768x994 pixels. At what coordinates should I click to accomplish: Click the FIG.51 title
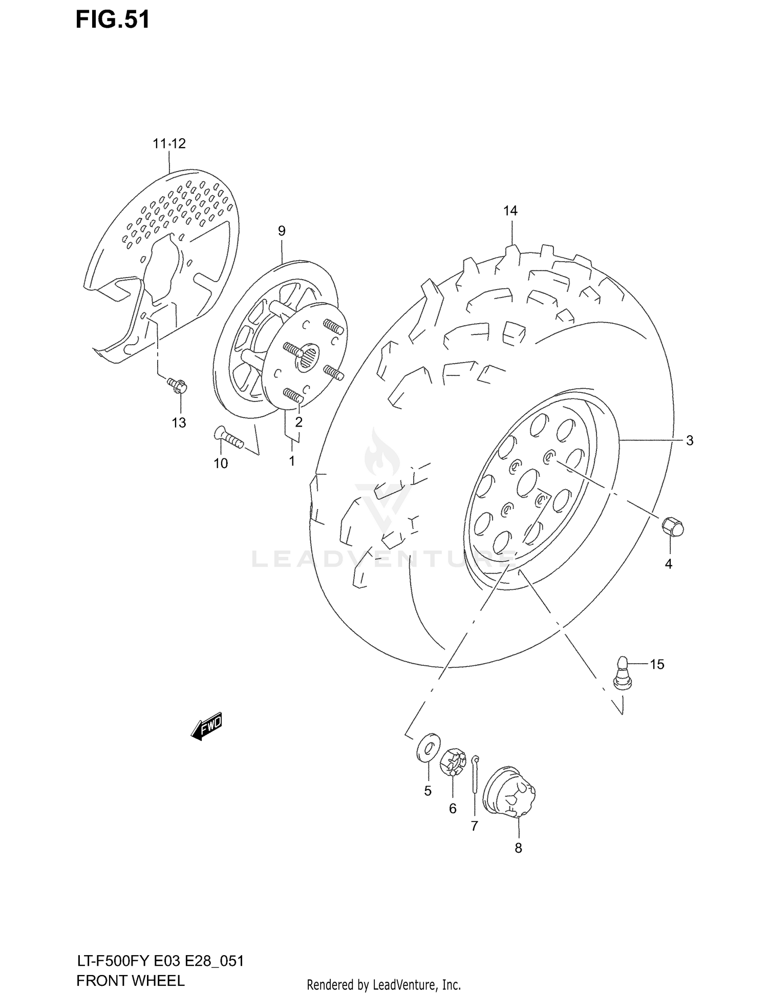pos(113,19)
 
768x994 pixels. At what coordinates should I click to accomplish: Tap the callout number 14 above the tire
pos(510,210)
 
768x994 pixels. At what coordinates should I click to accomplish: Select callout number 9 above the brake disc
pos(282,231)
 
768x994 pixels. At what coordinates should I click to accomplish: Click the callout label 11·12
pos(169,144)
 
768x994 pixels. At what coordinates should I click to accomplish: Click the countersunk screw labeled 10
pos(228,438)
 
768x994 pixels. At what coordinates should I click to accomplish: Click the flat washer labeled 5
pos(428,747)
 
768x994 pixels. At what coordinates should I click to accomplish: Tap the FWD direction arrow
pos(207,726)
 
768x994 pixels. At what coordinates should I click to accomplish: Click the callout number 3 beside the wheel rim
pos(689,440)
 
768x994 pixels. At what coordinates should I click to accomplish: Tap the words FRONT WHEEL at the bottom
pos(130,980)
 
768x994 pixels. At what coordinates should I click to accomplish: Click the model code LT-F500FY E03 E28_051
pos(160,961)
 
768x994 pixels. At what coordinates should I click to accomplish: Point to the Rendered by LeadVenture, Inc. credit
pos(383,985)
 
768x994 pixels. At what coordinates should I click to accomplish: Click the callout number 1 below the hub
pos(291,461)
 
